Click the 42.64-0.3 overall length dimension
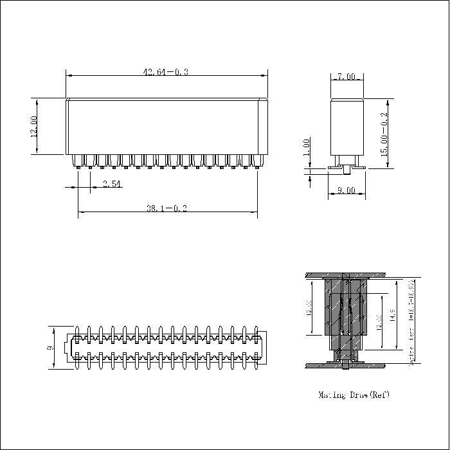(x=165, y=72)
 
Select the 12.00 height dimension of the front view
(x=33, y=125)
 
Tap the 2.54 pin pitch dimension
(x=111, y=184)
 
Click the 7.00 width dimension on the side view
(x=346, y=76)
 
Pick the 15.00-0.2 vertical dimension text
(x=384, y=135)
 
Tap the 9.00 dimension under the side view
(x=346, y=190)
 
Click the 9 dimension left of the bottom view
(x=50, y=348)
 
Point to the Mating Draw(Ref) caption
(x=354, y=395)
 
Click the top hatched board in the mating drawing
(x=345, y=276)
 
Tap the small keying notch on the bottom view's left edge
(x=67, y=348)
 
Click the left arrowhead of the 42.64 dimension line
(x=69, y=75)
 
